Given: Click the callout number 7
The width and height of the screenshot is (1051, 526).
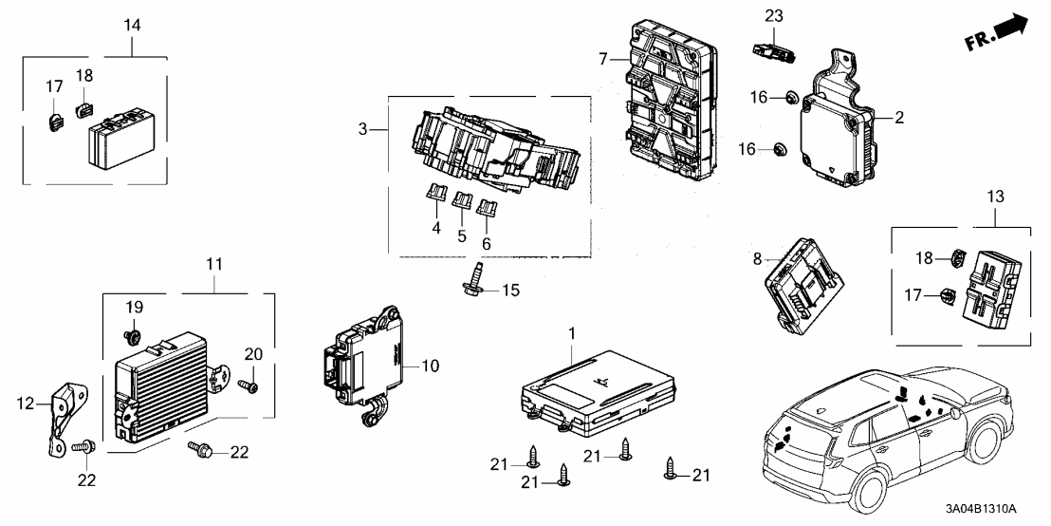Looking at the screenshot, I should [601, 60].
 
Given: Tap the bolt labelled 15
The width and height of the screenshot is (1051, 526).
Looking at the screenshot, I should [473, 284].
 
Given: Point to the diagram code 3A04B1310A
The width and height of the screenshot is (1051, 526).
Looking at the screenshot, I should [993, 509].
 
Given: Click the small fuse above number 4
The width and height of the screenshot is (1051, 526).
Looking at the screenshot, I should [436, 197].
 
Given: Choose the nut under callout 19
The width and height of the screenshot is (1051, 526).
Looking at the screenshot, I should [133, 333].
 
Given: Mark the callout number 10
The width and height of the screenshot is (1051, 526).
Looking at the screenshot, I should [431, 365].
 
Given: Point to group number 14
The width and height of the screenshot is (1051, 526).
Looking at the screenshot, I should [132, 25].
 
